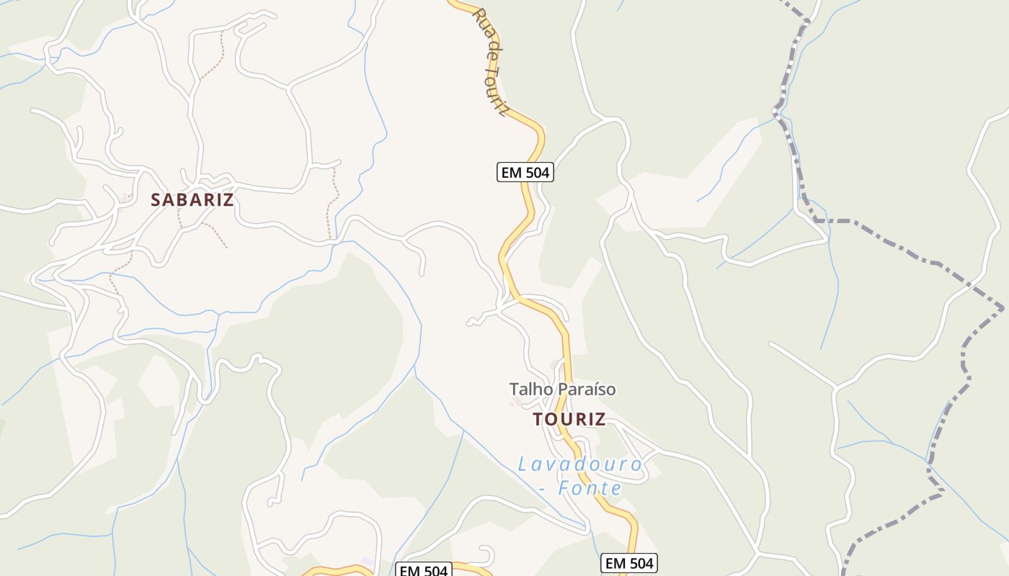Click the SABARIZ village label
click(192, 200)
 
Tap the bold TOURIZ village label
click(569, 420)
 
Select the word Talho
click(530, 390)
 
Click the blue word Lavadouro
click(580, 464)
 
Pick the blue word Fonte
click(593, 489)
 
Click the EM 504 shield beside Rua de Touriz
click(525, 173)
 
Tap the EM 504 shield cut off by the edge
click(424, 571)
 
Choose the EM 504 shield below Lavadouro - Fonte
click(629, 563)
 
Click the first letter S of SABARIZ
click(155, 200)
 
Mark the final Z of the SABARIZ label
click(229, 200)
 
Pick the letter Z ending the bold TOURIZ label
click(600, 420)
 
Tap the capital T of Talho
click(514, 390)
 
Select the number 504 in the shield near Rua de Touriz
click(535, 173)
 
